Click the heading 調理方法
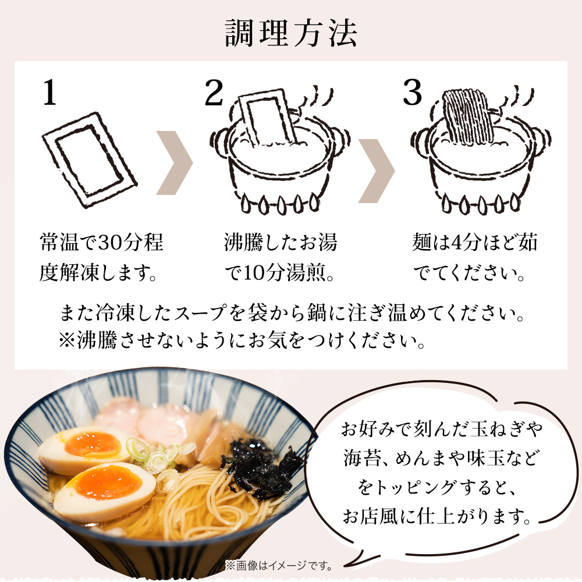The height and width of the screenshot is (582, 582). pos(291,33)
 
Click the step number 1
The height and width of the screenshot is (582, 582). pos(49,93)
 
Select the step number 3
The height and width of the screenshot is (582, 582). pos(413,93)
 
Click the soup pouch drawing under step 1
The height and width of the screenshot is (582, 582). pos(90,159)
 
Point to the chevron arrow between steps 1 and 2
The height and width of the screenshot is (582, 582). pos(175,162)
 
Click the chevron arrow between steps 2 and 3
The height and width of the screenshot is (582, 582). pos(377,171)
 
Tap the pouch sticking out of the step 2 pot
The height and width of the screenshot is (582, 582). pos(268,118)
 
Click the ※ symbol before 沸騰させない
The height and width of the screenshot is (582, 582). pos(67,340)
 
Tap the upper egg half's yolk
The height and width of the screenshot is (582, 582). pos(93,445)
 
